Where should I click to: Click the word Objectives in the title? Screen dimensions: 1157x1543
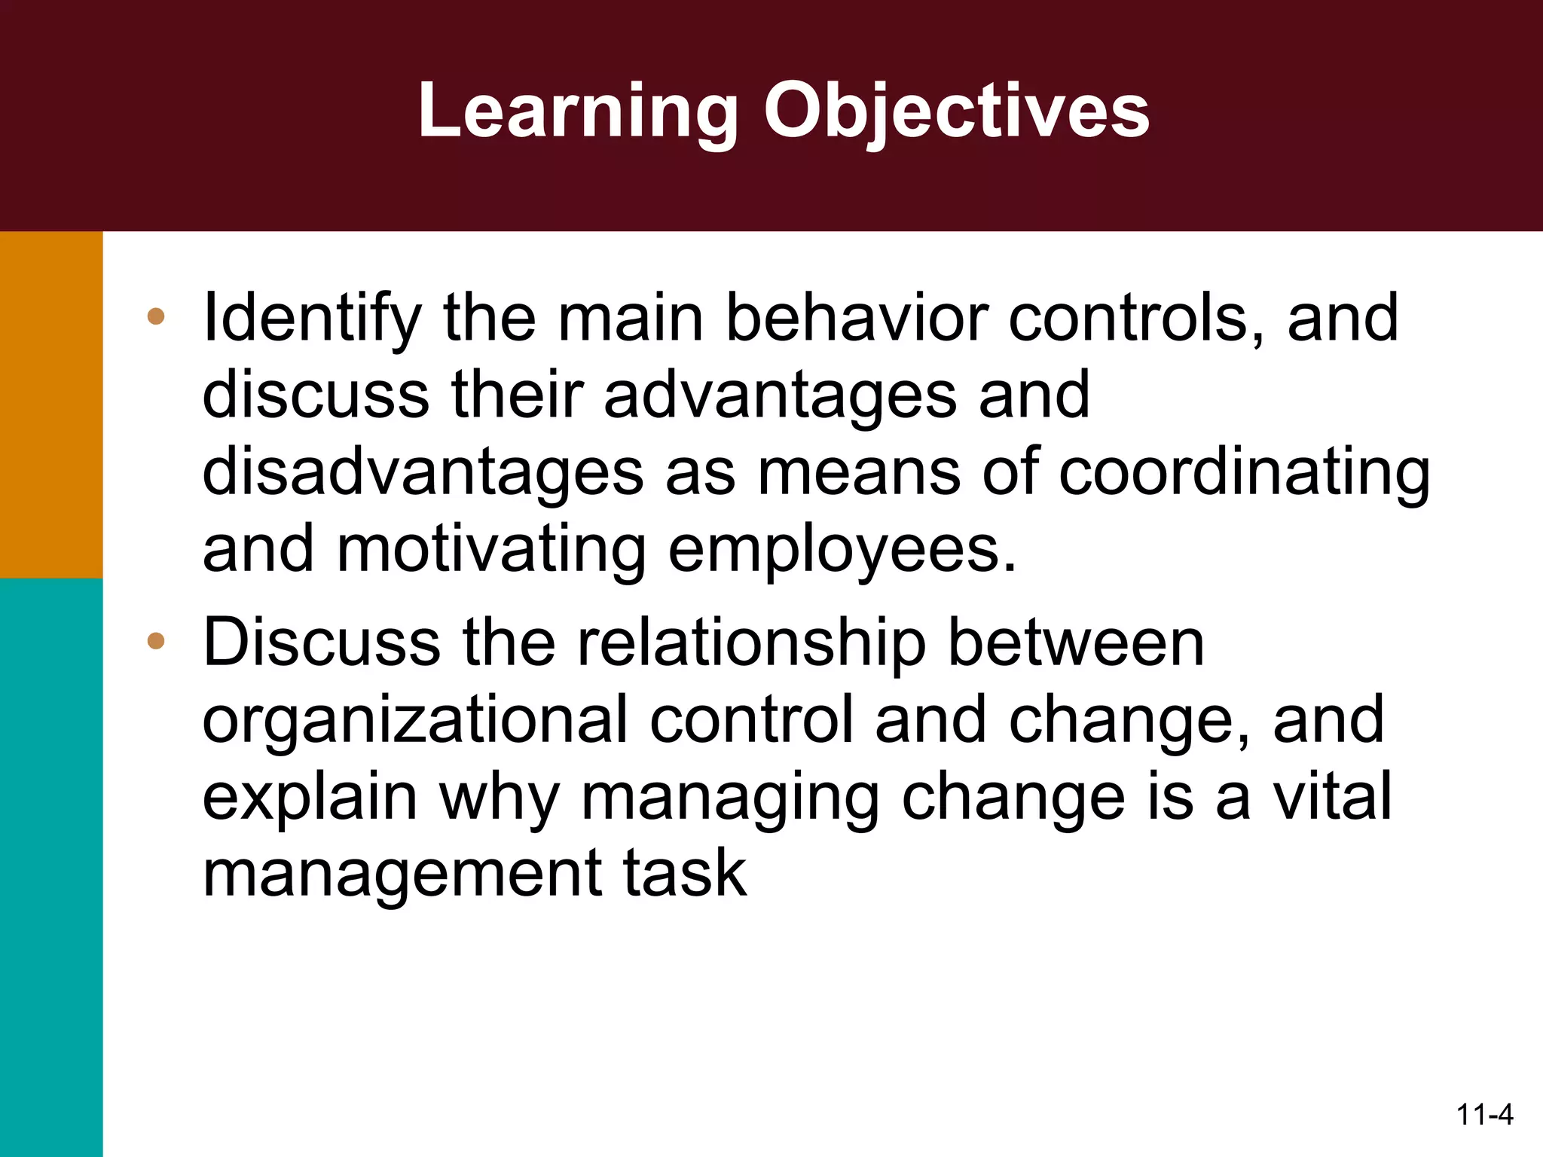click(956, 112)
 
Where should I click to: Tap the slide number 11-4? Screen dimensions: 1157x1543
click(1484, 1114)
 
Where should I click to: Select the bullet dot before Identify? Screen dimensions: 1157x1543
click(156, 316)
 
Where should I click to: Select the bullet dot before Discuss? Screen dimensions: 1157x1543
click(156, 641)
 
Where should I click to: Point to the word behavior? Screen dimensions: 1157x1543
click(856, 318)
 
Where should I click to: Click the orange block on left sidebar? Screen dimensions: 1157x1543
click(51, 404)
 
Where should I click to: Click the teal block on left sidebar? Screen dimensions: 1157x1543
click(51, 866)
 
